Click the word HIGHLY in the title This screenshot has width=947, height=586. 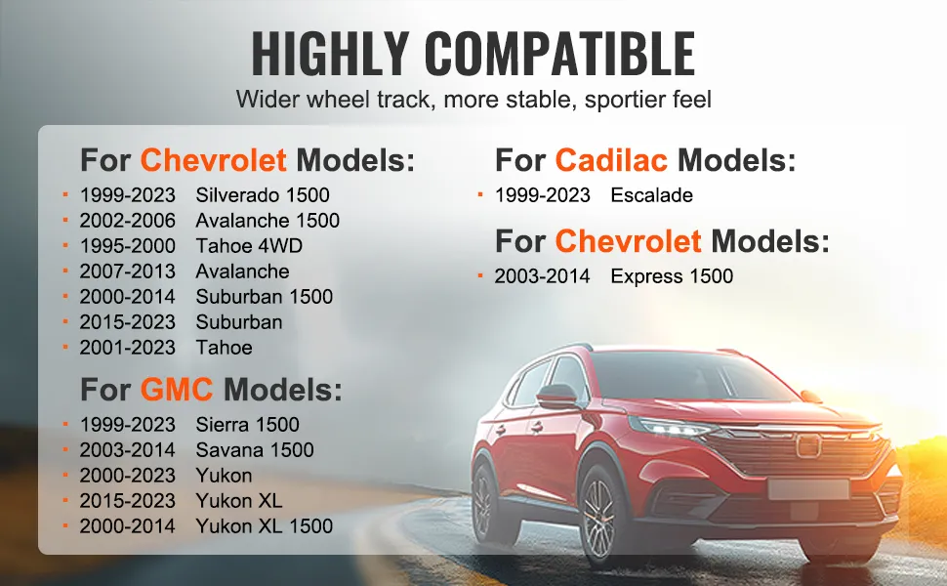pos(330,53)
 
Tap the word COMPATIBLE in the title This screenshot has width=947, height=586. pos(559,53)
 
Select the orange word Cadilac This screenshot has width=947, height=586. pos(611,160)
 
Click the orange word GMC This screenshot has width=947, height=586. pos(177,389)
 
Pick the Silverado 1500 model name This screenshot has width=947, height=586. pos(263,195)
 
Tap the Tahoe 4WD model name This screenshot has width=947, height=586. pos(249,246)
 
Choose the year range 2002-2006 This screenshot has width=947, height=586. pos(128,221)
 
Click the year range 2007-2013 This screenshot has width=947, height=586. pos(128,272)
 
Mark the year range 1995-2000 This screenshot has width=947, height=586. pos(128,246)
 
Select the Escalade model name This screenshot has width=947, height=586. pos(651,195)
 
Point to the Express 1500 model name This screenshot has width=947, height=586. pos(672,276)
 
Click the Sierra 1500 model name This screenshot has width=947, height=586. pos(248,425)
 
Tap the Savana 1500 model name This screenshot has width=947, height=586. pos(255,450)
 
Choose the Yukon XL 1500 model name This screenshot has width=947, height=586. pos(264,526)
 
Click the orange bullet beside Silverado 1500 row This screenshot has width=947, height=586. pos(65,194)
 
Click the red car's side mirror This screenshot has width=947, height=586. pos(556,397)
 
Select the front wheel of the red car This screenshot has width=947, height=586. pos(598,518)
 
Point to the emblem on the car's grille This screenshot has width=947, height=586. pos(808,445)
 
